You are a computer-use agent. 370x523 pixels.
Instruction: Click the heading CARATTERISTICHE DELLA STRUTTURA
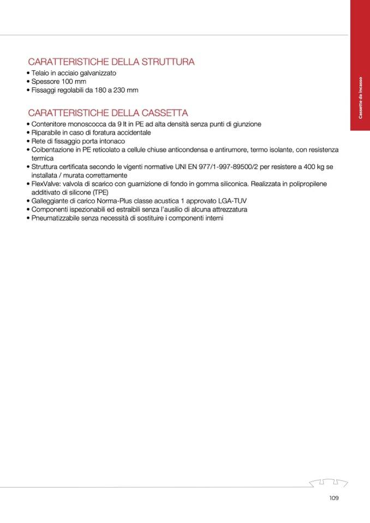click(x=111, y=62)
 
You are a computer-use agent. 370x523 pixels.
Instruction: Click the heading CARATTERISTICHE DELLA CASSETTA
click(x=108, y=113)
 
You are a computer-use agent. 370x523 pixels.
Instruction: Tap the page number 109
click(x=335, y=497)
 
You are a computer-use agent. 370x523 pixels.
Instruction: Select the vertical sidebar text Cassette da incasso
click(x=360, y=98)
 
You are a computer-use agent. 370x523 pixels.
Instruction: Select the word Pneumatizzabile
click(x=58, y=218)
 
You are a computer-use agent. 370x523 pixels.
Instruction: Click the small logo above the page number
click(x=328, y=482)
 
